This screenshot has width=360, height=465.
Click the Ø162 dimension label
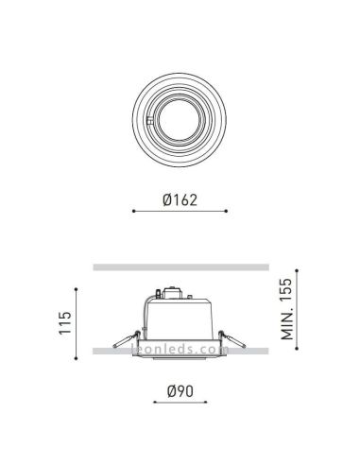[180, 199]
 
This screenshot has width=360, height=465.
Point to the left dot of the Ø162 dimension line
[133, 213]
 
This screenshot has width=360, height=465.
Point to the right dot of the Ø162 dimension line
[228, 213]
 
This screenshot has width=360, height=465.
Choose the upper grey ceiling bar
[180, 266]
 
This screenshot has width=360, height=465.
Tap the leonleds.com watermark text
[180, 349]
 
